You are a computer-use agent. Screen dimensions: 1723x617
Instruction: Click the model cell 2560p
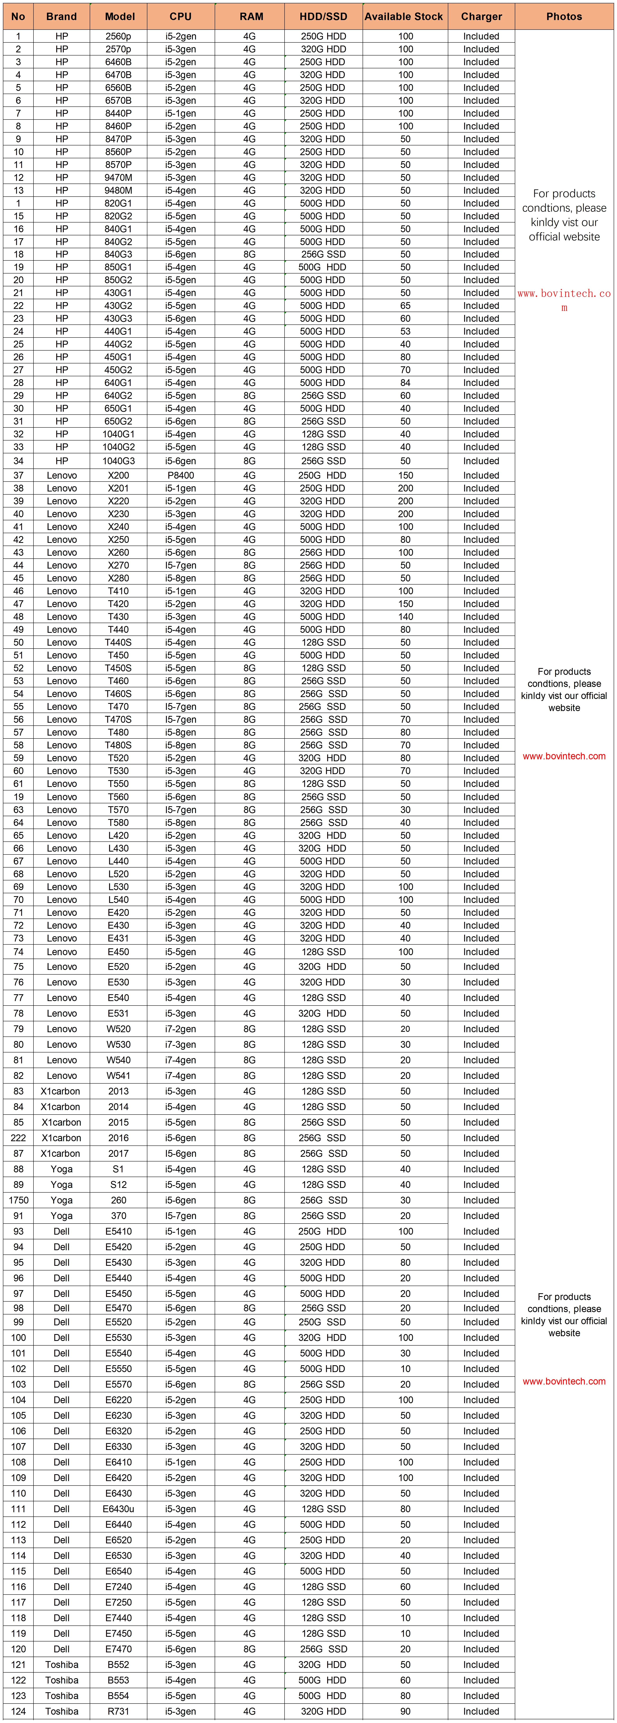(119, 36)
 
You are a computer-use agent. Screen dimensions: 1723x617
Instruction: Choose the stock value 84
(406, 383)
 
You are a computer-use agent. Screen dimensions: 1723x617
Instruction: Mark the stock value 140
(406, 617)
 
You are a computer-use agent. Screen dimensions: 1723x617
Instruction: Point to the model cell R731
(119, 1711)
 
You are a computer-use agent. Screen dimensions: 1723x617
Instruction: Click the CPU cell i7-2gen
(181, 1029)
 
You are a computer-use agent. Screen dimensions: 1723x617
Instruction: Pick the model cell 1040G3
(119, 461)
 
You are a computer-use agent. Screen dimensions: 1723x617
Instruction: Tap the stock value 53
(406, 331)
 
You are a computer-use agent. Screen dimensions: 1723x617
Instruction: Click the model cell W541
(119, 1076)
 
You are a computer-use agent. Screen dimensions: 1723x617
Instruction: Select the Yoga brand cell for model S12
(62, 1185)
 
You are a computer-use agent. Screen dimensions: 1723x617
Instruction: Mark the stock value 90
(406, 1711)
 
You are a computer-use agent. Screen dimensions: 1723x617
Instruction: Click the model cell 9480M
(119, 190)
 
